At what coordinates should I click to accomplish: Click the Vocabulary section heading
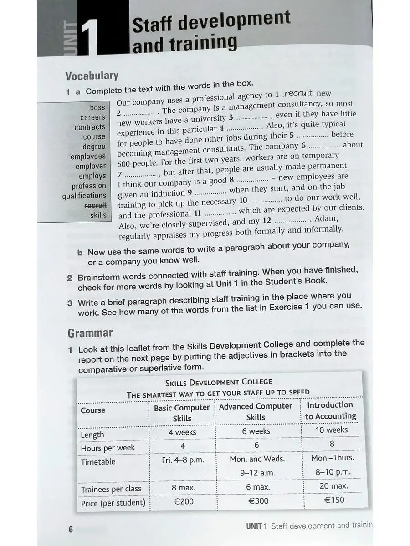(92, 76)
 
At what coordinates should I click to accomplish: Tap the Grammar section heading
(90, 333)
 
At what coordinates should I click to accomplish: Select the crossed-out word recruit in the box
(96, 205)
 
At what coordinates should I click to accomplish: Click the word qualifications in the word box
(84, 196)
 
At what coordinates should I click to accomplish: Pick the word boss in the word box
(97, 108)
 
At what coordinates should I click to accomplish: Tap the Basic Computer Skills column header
(182, 413)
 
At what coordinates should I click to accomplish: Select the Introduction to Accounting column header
(330, 410)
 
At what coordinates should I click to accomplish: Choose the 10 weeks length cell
(331, 430)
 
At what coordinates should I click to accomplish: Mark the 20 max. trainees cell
(333, 486)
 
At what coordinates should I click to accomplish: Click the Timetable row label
(98, 462)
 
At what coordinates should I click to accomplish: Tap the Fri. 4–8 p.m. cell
(183, 460)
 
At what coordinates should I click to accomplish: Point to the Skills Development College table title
(219, 382)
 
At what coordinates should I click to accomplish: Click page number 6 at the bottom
(71, 529)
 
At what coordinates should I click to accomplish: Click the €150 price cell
(334, 500)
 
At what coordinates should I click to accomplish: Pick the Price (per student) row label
(113, 503)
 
